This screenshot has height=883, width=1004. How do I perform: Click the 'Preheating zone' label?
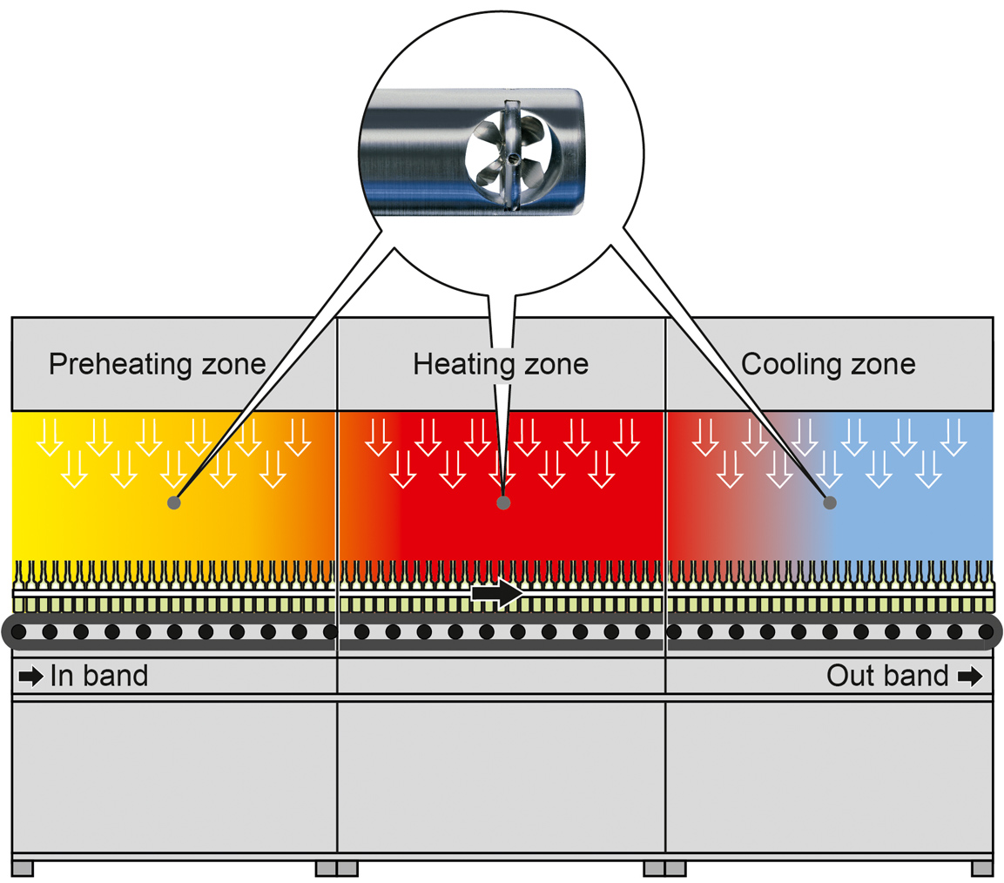click(157, 363)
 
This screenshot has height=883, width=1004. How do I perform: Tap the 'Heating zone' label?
click(501, 363)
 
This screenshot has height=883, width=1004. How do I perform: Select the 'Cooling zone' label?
click(828, 363)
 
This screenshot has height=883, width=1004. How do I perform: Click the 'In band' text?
click(98, 676)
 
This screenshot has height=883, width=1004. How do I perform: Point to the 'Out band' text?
click(887, 676)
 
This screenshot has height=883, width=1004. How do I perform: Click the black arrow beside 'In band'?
click(30, 677)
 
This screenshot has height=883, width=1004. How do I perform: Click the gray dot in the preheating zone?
click(174, 502)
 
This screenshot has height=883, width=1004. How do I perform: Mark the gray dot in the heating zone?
click(502, 502)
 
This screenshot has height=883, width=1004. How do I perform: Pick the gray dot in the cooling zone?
click(830, 502)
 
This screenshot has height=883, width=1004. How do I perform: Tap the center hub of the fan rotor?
click(515, 158)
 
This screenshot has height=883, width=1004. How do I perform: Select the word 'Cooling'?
click(788, 363)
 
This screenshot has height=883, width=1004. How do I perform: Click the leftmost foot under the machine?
click(23, 868)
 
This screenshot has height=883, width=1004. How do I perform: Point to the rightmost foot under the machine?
click(982, 868)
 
